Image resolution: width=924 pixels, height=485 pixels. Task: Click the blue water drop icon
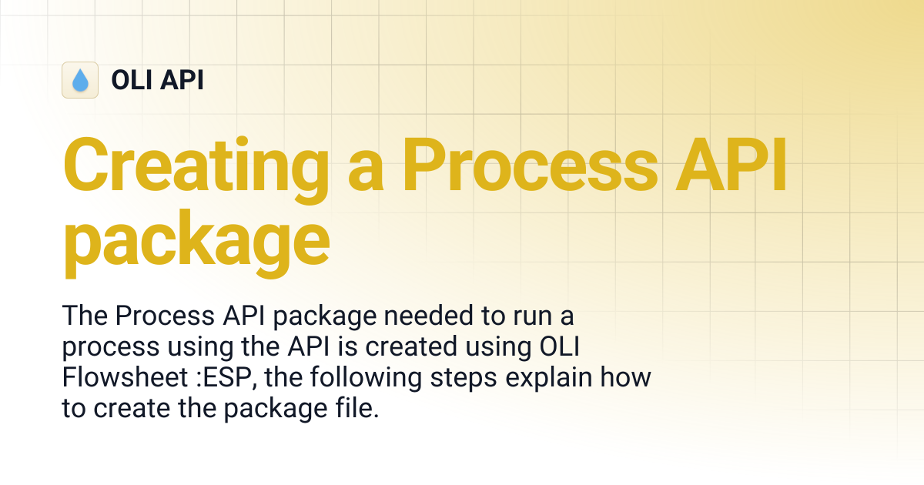tap(80, 80)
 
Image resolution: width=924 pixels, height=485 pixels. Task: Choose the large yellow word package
tap(196, 240)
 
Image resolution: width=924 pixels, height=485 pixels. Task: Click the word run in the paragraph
tap(511, 316)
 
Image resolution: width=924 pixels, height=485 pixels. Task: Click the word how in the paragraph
tap(629, 378)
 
